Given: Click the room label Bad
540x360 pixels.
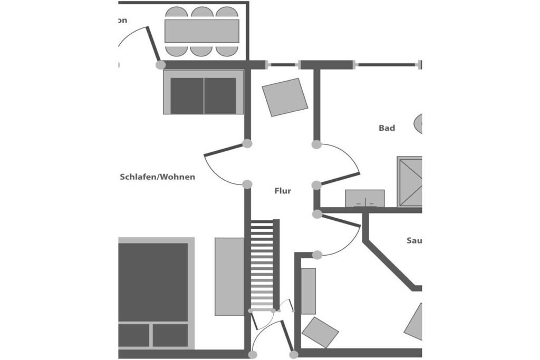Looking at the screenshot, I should point(387,128).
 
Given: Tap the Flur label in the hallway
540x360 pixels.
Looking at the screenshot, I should point(283,191).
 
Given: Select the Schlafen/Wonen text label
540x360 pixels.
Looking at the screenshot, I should point(157,177).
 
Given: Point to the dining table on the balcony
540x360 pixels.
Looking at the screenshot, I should point(201,31).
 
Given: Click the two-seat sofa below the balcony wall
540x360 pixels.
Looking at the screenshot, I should point(203,93).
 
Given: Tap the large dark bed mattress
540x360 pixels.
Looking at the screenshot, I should point(153,282).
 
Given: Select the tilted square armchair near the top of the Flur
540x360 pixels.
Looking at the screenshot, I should point(285,97).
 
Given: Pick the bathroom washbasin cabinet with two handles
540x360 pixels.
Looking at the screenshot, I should point(364,198).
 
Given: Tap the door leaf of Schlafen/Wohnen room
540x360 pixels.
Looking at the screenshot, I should point(224,149).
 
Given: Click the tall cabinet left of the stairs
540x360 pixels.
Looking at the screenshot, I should point(229,276).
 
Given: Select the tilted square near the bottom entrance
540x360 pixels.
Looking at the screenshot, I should point(320,332).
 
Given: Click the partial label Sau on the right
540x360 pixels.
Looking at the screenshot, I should point(414,241).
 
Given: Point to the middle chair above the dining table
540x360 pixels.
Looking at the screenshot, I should point(201,13).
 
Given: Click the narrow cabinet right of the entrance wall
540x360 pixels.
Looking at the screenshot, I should point(308,291).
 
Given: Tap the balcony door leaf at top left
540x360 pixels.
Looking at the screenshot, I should point(153,45).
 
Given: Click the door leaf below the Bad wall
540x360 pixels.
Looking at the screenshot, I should point(341,221).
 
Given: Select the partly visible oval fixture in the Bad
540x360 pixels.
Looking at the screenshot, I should point(418,123).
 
